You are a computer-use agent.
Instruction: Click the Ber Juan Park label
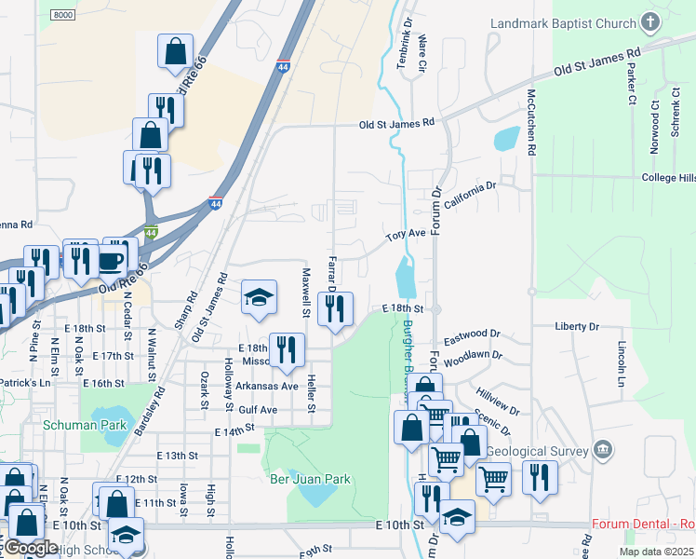(310, 480)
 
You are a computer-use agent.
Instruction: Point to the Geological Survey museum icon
(603, 452)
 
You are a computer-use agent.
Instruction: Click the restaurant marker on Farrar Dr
(335, 308)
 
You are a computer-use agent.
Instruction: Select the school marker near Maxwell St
(260, 297)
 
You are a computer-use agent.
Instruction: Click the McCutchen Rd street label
(531, 122)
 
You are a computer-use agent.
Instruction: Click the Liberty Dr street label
(577, 327)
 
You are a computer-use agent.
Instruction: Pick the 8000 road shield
(63, 16)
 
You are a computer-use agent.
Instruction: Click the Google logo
(30, 548)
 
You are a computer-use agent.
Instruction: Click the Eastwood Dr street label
(472, 334)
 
